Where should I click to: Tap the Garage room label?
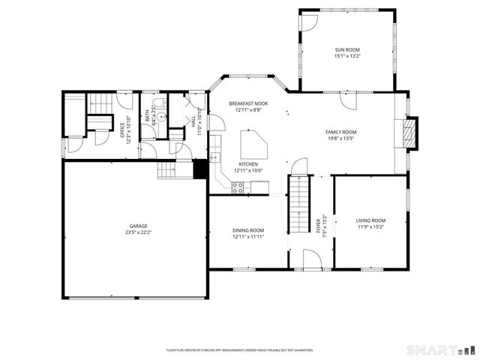(136, 226)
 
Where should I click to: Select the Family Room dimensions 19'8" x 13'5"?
(340, 138)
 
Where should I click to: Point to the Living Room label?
(370, 220)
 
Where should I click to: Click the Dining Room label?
(247, 230)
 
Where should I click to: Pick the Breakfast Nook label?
(247, 104)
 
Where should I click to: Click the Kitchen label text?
(247, 164)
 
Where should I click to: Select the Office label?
(122, 130)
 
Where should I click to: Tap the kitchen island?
(252, 139)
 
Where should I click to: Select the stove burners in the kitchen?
(237, 188)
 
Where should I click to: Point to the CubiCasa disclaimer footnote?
(240, 349)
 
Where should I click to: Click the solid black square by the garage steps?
(199, 169)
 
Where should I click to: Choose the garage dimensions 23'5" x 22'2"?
(136, 232)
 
